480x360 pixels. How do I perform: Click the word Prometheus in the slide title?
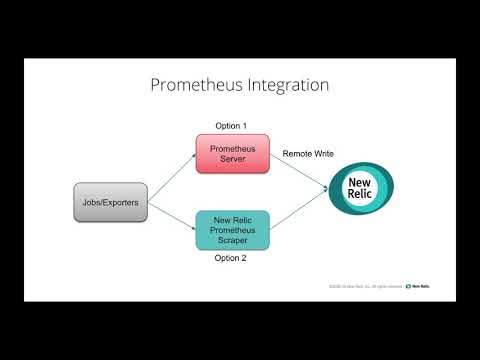coord(197,85)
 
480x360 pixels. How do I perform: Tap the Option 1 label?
coord(230,126)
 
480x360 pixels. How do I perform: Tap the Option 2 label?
coord(230,258)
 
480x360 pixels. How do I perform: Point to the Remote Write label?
coord(307,153)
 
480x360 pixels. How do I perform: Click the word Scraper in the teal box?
coord(231,241)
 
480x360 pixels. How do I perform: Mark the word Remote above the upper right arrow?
coord(296,153)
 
